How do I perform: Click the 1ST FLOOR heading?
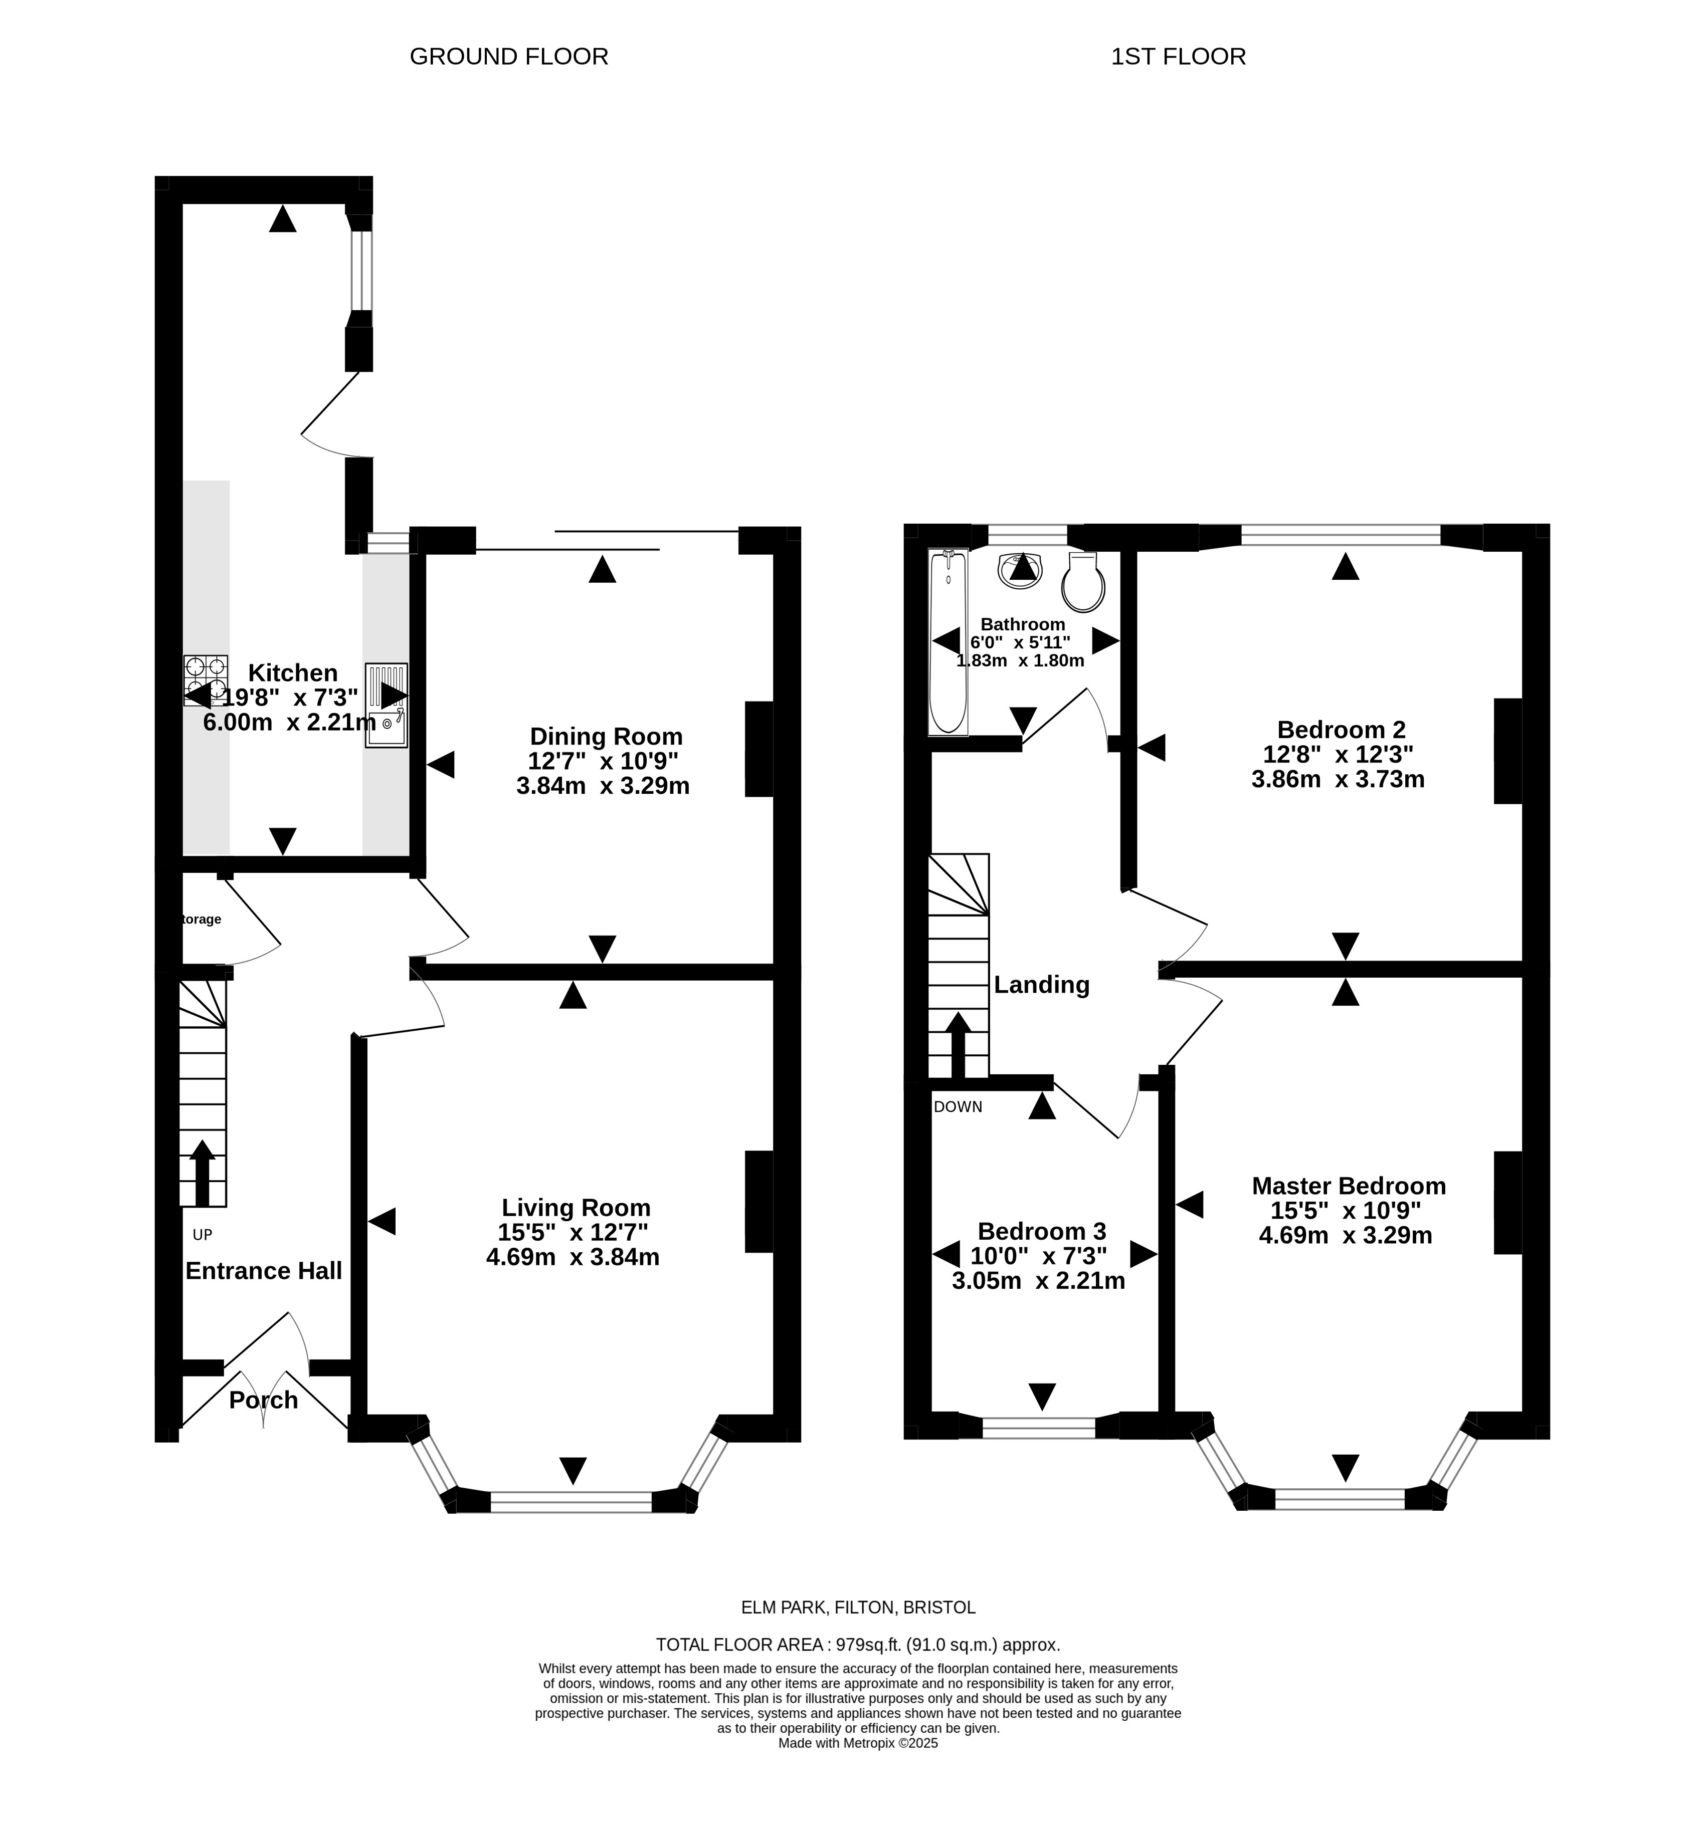coord(1178,57)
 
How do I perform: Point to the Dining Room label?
coord(606,737)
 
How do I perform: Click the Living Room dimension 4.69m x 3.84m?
coord(573,1257)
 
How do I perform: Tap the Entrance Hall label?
coord(264,1271)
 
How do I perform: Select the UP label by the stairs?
coord(202,1235)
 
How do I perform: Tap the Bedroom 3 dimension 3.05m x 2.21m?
coord(1039,1280)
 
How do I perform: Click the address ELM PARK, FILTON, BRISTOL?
coord(858,1607)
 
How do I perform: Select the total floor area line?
coord(858,1645)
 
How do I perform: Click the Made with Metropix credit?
coord(858,1743)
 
